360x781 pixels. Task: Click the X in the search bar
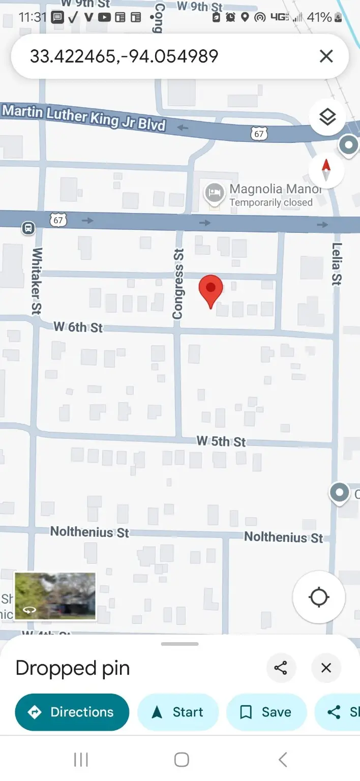point(326,56)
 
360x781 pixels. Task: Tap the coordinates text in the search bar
point(124,56)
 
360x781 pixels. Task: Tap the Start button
point(178,712)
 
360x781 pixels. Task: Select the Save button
point(266,712)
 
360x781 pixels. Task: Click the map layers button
point(327,117)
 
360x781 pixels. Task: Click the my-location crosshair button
point(319,597)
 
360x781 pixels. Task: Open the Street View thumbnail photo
point(55,596)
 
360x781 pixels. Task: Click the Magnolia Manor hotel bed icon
point(215,193)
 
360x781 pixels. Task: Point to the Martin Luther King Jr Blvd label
point(84,117)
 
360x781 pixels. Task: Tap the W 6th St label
point(78,327)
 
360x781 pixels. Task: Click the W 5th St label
point(221,441)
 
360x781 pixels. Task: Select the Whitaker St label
point(37,281)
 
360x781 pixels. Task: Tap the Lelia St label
point(337,263)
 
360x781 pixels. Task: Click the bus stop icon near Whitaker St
point(28,228)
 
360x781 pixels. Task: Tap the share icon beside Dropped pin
point(281,668)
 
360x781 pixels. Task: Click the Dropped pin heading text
point(73,668)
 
